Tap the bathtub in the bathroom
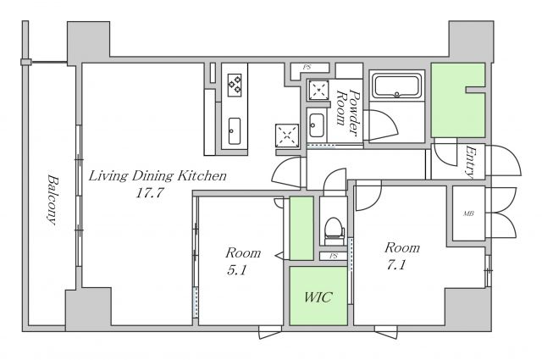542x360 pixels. point(397,86)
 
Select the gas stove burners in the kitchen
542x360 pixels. point(235,85)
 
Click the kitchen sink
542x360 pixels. point(235,131)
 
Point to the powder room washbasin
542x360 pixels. point(316,125)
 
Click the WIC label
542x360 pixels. point(318,297)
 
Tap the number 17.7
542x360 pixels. point(149,192)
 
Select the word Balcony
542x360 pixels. point(53,200)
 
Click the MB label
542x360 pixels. point(468,213)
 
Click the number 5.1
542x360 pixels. point(237,270)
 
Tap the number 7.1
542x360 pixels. point(396,265)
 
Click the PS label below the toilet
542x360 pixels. point(333,257)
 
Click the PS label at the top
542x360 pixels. point(307,68)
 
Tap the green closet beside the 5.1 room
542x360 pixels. point(301,228)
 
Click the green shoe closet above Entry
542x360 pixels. point(457,100)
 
